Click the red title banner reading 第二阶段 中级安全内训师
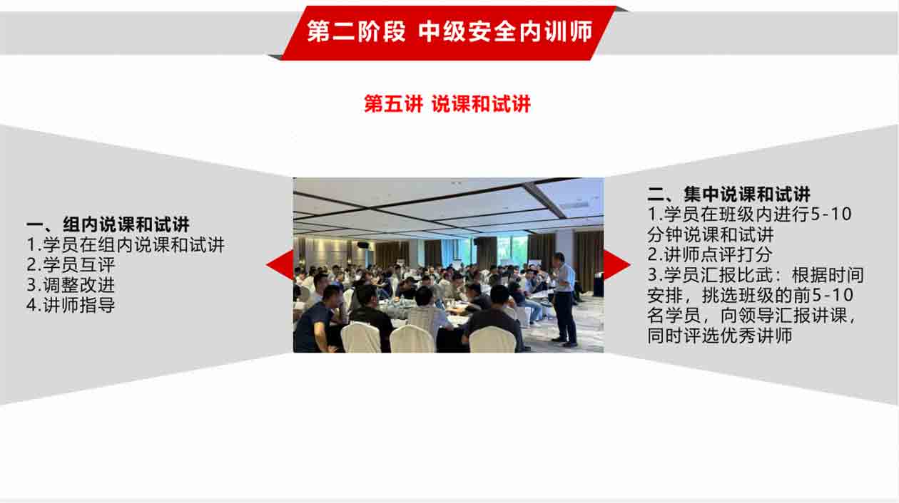449,33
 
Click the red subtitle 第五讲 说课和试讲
447,104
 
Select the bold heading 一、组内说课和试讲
108,224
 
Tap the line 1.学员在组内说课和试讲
126,245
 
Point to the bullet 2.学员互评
71,265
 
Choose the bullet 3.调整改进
71,285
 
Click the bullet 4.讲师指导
71,305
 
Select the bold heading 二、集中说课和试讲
729,195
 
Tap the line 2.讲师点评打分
709,254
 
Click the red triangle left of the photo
280,264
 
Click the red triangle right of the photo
617,264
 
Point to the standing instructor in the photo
564,299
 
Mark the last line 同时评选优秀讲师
720,336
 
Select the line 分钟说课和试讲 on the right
711,234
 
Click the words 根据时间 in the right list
828,275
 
